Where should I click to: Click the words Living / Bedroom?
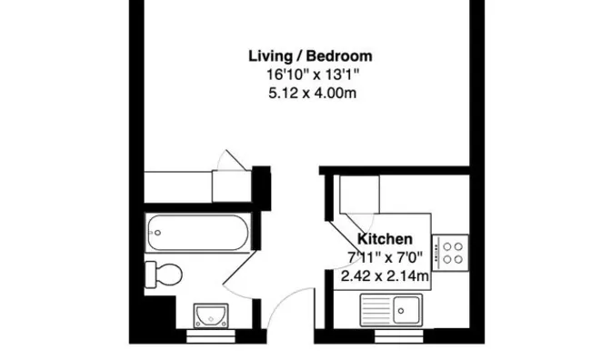click(310, 56)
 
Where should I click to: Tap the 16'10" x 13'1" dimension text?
click(310, 74)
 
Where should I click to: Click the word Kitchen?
click(380, 238)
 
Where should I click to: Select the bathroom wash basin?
click(210, 315)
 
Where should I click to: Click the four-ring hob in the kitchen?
click(451, 251)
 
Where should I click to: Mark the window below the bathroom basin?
click(210, 335)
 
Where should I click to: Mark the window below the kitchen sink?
click(399, 335)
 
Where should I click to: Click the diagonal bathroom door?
click(238, 273)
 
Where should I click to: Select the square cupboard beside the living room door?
click(231, 185)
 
